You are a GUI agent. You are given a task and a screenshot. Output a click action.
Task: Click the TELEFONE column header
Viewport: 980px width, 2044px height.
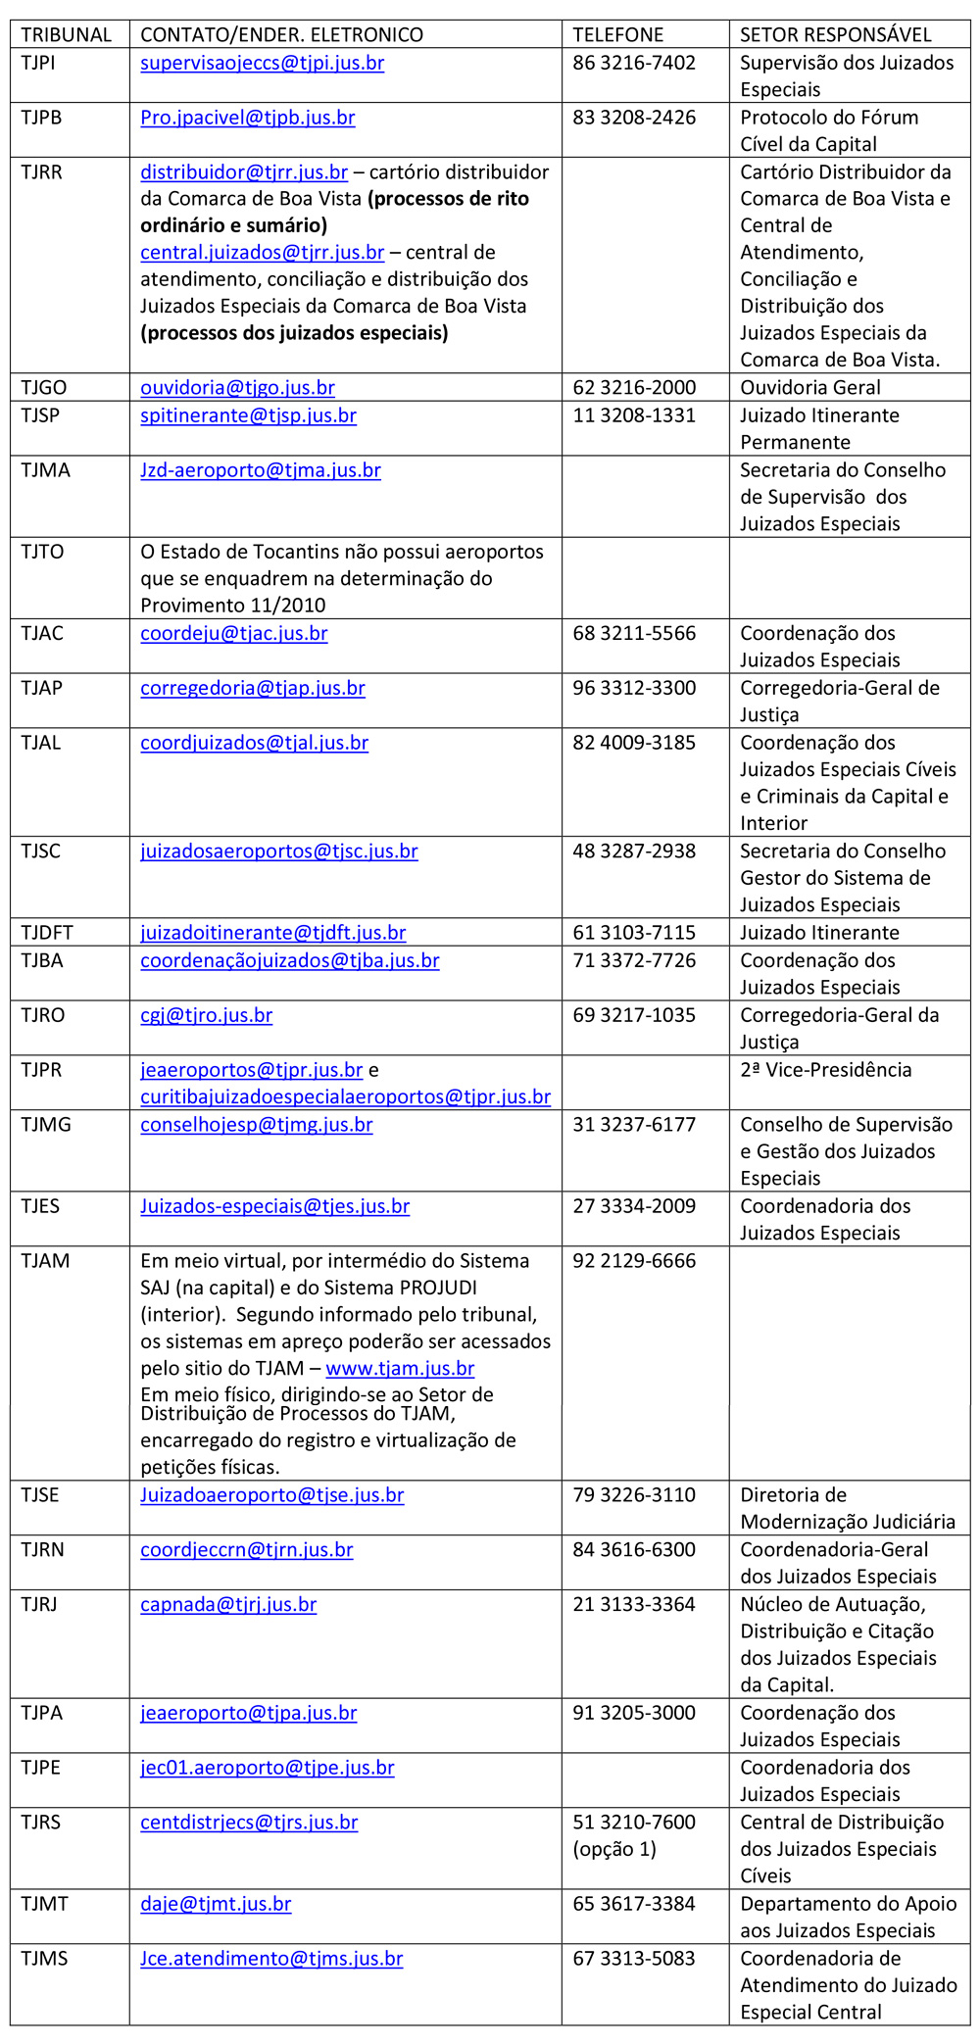[617, 35]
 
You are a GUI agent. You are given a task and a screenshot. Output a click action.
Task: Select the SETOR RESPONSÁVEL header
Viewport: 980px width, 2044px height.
[835, 35]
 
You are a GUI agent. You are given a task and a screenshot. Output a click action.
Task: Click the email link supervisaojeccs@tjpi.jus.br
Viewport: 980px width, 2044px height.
[262, 63]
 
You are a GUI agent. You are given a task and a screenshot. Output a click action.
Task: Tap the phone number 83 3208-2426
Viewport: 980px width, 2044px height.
[634, 118]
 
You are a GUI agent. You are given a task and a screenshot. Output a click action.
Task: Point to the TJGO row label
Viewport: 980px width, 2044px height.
[44, 387]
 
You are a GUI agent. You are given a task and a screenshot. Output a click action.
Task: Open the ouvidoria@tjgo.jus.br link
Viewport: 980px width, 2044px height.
[237, 387]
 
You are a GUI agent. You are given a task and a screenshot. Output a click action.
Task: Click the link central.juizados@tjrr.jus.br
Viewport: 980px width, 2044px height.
[262, 252]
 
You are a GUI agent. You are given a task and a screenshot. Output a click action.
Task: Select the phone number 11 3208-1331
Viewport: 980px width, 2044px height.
[634, 415]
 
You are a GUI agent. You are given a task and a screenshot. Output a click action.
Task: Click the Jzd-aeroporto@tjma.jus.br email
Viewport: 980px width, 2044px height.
[260, 470]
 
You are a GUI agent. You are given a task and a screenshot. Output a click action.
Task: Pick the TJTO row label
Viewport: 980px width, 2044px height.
[42, 552]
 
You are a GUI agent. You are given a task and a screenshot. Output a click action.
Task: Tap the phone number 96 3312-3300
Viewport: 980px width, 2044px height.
[634, 688]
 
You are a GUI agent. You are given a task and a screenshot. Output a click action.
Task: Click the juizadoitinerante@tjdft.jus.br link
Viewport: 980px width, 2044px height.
[272, 933]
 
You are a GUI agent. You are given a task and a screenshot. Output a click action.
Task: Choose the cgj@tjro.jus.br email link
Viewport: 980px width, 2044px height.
[206, 1015]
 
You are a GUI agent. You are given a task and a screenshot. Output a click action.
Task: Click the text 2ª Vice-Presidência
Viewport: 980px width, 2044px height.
[825, 1070]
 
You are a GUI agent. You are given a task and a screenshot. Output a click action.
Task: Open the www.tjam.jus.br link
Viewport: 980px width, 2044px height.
[400, 1368]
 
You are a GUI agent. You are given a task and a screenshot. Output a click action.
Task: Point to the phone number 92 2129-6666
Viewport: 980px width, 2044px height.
[634, 1261]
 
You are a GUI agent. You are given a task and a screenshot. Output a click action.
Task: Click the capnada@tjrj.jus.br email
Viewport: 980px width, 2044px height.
[228, 1604]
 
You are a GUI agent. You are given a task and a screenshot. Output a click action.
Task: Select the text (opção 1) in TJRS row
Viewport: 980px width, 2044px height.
[614, 1849]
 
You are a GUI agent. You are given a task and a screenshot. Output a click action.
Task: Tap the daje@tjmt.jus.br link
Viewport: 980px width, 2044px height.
[216, 1904]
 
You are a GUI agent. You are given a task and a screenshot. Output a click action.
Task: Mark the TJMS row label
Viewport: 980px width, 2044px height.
[44, 1959]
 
